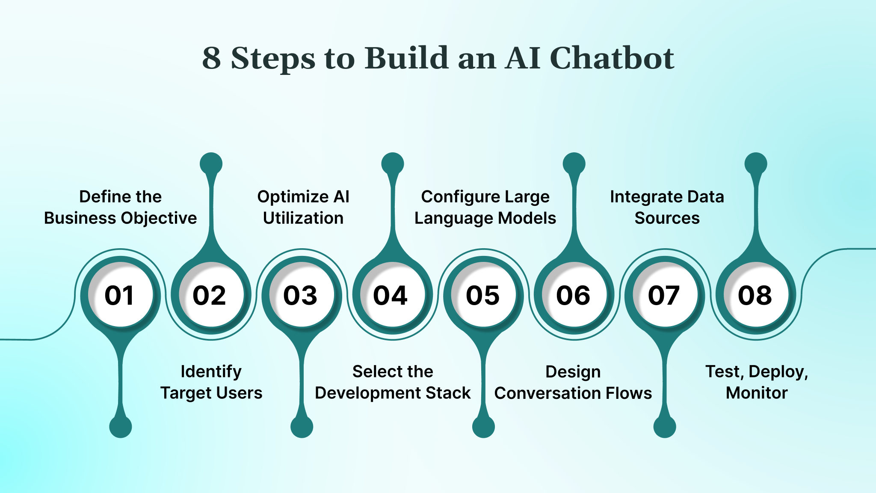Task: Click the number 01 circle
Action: (x=120, y=295)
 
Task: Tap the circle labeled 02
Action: (x=211, y=295)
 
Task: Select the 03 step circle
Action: (x=302, y=295)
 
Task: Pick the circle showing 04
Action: (x=392, y=295)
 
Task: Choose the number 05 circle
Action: (x=483, y=295)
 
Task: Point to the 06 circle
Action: (x=574, y=295)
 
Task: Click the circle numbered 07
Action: (x=665, y=295)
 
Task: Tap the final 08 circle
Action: (x=756, y=295)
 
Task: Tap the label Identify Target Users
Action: (x=211, y=382)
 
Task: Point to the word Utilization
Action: (x=303, y=218)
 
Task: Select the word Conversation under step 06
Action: (x=542, y=393)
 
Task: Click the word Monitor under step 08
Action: (x=757, y=393)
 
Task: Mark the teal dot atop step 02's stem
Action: (x=211, y=163)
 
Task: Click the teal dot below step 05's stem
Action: (x=483, y=427)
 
